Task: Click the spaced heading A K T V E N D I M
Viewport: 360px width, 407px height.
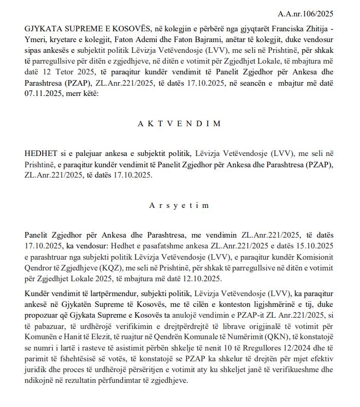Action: [x=180, y=124]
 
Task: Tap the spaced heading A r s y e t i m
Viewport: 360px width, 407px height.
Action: [x=180, y=205]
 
